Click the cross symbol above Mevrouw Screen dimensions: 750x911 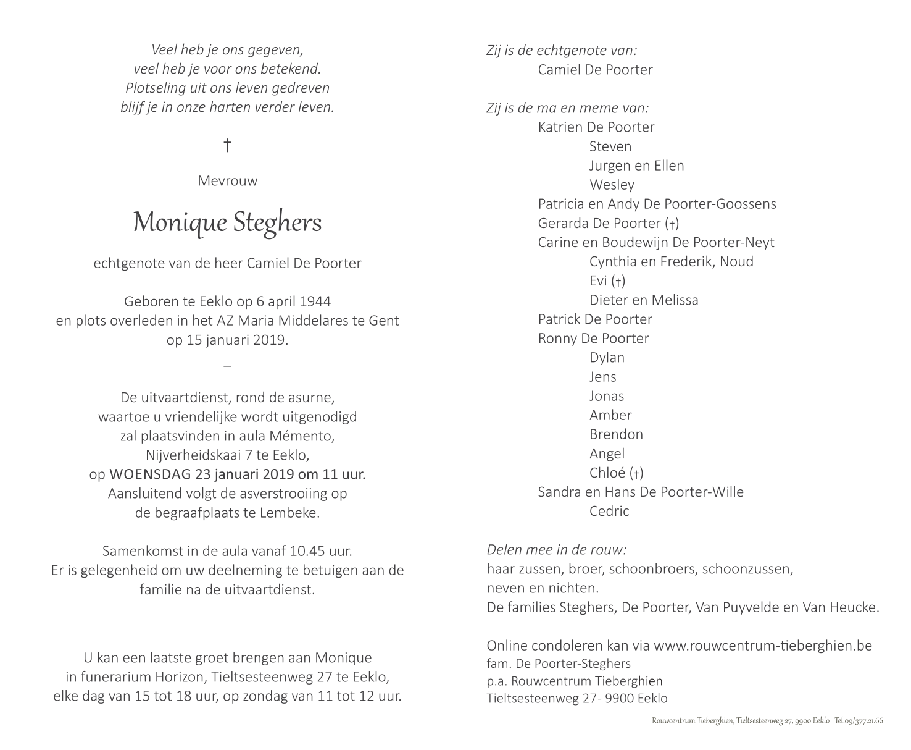click(x=227, y=146)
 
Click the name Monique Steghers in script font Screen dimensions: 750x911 click(x=227, y=222)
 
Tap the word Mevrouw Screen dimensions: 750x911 click(x=227, y=181)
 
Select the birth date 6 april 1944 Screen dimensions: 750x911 click(x=293, y=301)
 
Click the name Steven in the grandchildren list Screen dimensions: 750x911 click(x=610, y=146)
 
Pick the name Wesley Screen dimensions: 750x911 click(x=611, y=185)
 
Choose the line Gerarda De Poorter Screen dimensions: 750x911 click(x=608, y=223)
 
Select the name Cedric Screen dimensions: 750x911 click(x=609, y=511)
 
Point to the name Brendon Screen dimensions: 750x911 click(x=615, y=434)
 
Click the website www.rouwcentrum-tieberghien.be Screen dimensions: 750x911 click(x=762, y=646)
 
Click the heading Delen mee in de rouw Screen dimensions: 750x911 click(x=556, y=550)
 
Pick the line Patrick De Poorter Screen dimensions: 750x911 click(x=594, y=319)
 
